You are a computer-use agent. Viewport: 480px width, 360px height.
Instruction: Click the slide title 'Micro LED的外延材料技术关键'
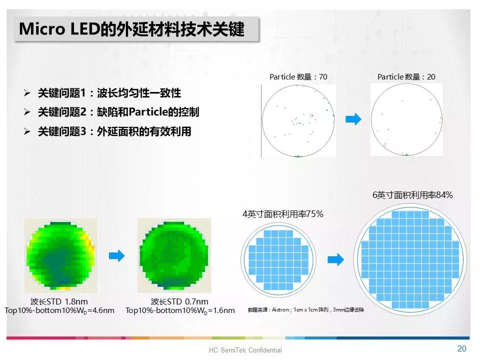click(131, 29)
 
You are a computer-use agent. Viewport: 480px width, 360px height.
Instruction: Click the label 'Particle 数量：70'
click(298, 76)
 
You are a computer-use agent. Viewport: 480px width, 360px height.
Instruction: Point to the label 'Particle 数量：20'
click(406, 76)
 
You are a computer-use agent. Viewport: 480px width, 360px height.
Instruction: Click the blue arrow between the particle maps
click(353, 119)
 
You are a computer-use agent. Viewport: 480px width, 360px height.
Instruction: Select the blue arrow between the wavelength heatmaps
click(116, 256)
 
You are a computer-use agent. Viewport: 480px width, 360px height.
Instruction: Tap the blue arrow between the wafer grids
click(335, 259)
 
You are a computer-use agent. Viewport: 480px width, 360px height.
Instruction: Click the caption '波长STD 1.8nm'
click(59, 301)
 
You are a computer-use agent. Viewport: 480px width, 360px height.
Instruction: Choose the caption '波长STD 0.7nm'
click(179, 301)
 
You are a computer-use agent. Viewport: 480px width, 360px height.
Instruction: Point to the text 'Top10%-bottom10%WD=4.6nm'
click(59, 310)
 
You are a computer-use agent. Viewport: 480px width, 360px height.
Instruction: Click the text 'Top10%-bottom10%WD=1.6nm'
click(180, 310)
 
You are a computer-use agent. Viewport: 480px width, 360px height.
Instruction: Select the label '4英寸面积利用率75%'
click(283, 214)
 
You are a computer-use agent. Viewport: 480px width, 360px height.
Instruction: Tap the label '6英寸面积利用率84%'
click(412, 195)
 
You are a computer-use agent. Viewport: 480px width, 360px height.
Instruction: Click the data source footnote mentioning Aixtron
click(306, 310)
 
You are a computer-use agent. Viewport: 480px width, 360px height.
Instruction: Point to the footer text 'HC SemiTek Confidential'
click(245, 350)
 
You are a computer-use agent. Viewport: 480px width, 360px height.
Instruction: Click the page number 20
click(461, 348)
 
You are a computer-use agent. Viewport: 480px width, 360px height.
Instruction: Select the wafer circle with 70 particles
click(298, 120)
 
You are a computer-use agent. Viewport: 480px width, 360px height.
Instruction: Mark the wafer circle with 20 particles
click(406, 120)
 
